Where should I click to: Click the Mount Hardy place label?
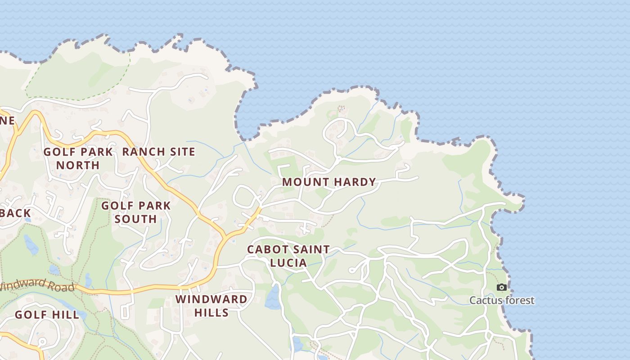click(x=329, y=182)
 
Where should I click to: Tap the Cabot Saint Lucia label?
click(x=288, y=256)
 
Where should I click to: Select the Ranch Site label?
click(x=159, y=152)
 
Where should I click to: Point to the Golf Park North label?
click(x=78, y=158)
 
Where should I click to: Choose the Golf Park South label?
click(x=136, y=212)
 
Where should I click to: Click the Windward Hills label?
click(x=211, y=306)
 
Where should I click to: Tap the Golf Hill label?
click(x=47, y=315)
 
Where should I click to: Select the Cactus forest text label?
click(x=502, y=300)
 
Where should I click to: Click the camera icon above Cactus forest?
click(x=501, y=287)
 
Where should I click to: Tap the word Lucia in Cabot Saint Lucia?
click(x=288, y=262)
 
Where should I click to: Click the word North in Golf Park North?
click(x=78, y=165)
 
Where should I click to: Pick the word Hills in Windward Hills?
click(x=211, y=312)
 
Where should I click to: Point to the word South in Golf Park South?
click(x=135, y=219)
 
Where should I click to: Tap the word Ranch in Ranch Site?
click(x=141, y=152)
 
